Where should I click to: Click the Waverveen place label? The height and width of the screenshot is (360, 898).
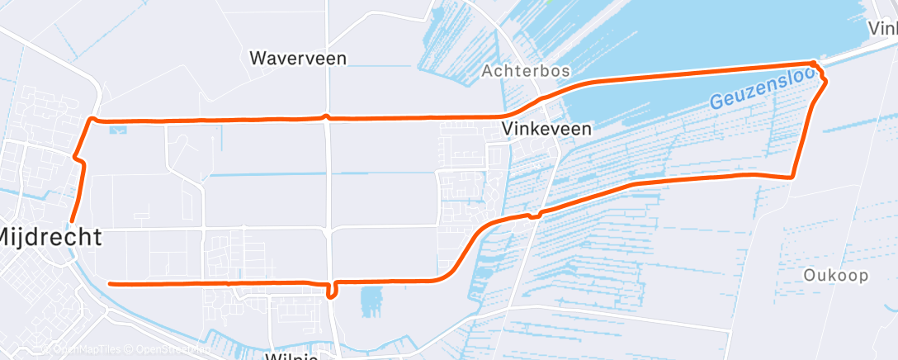(298, 59)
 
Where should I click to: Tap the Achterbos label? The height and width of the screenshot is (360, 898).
(526, 71)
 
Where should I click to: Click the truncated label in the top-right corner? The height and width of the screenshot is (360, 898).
(883, 28)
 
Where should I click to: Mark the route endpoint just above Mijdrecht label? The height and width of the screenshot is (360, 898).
(72, 220)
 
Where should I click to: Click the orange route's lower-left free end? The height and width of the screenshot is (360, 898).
(111, 283)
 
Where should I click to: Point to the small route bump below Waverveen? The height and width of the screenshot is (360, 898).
(327, 116)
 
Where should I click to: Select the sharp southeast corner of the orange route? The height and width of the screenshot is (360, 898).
(792, 177)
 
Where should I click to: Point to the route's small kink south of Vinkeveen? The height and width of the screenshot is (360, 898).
(532, 216)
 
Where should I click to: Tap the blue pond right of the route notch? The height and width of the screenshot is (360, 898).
(372, 301)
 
